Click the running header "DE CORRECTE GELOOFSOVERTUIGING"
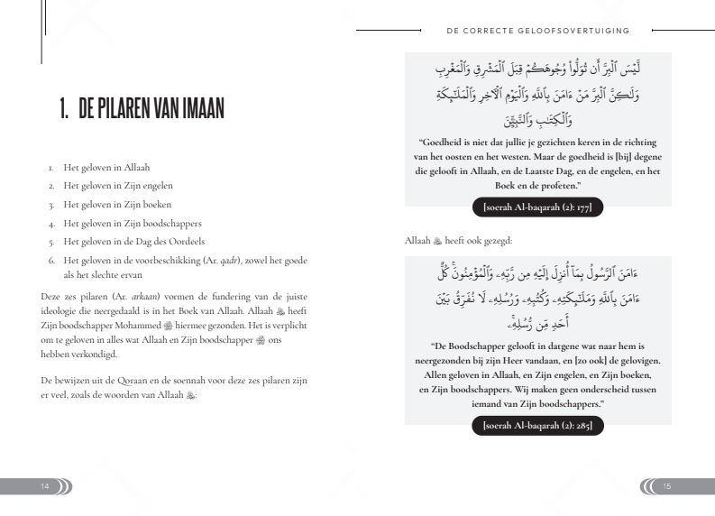click(x=537, y=30)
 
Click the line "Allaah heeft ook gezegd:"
click(x=459, y=241)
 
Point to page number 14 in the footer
click(x=44, y=487)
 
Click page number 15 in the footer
click(x=668, y=487)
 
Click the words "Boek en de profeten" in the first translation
click(x=536, y=185)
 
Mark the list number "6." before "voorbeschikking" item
click(x=52, y=259)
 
